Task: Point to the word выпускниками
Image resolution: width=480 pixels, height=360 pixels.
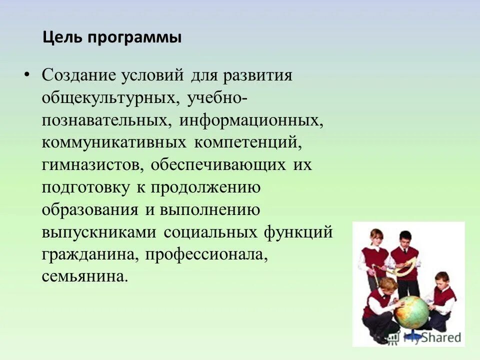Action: tap(99, 232)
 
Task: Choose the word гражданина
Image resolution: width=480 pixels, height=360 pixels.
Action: tap(88, 255)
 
